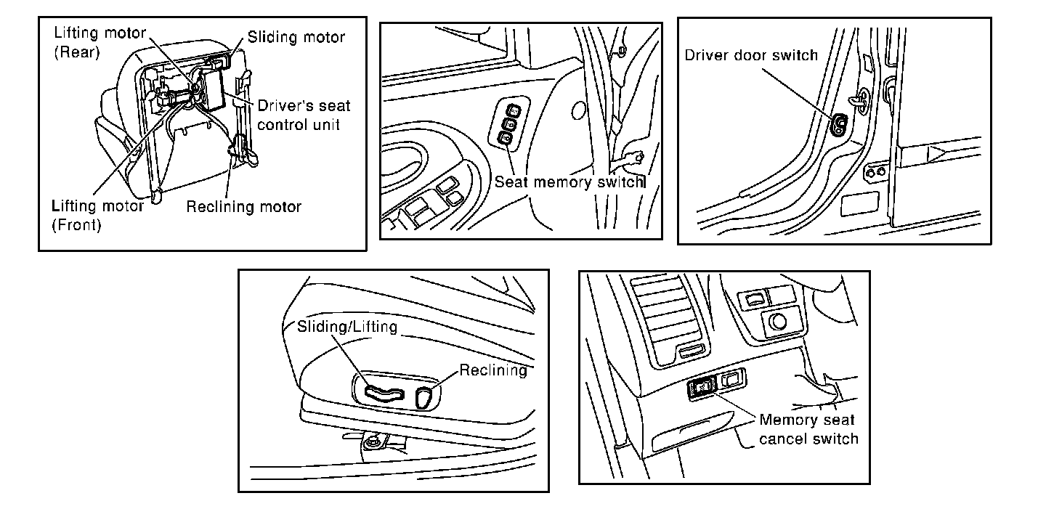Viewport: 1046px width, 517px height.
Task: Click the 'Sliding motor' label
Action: pyautogui.click(x=296, y=36)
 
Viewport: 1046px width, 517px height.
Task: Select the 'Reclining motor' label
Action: pyautogui.click(x=243, y=207)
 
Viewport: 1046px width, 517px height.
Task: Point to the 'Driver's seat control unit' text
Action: pyautogui.click(x=304, y=115)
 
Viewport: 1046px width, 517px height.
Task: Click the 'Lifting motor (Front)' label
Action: pyautogui.click(x=98, y=215)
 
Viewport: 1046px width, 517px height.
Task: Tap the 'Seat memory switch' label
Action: pyautogui.click(x=569, y=182)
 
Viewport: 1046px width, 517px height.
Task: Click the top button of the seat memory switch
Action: pyautogui.click(x=514, y=110)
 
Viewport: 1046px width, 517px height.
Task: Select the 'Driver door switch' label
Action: pyautogui.click(x=751, y=55)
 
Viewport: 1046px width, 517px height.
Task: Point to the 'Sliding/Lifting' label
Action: pyautogui.click(x=347, y=327)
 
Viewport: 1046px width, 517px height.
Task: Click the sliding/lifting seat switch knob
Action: pyautogui.click(x=383, y=394)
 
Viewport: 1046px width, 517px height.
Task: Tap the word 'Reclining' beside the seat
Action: pyautogui.click(x=493, y=370)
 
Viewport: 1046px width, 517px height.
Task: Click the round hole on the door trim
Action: pyautogui.click(x=578, y=111)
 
